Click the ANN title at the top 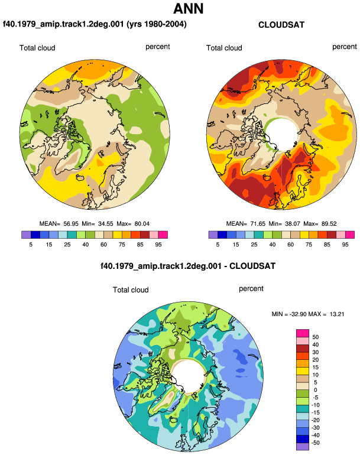pyautogui.click(x=188, y=8)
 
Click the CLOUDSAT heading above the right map pyautogui.click(x=281, y=25)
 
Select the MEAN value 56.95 pyautogui.click(x=71, y=224)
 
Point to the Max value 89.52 pyautogui.click(x=329, y=224)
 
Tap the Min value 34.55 pyautogui.click(x=106, y=224)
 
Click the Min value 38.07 pyautogui.click(x=293, y=224)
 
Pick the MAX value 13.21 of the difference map pyautogui.click(x=337, y=314)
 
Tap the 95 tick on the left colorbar pyautogui.click(x=158, y=245)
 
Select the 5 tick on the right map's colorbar pyautogui.click(x=218, y=245)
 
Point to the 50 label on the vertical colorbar pyautogui.click(x=316, y=337)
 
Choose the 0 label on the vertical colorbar pyautogui.click(x=316, y=390)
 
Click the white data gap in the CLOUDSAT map pyautogui.click(x=281, y=134)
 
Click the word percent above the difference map pyautogui.click(x=251, y=289)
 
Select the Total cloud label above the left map pyautogui.click(x=37, y=48)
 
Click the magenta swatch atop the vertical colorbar pyautogui.click(x=303, y=333)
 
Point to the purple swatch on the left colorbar pyautogui.click(x=26, y=235)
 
